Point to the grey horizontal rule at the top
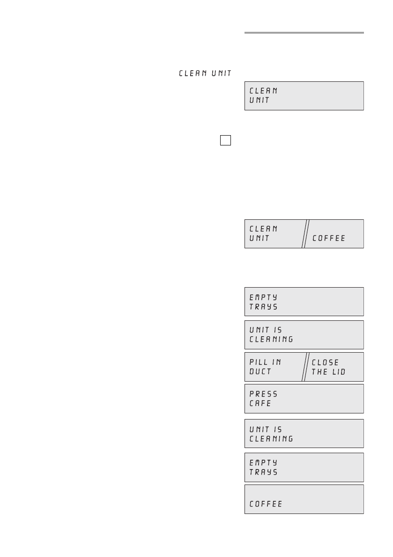(304, 33)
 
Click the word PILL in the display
(257, 362)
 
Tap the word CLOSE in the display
(325, 362)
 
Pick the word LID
(339, 372)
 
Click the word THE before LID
(319, 372)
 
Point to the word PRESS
(263, 394)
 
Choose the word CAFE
(260, 403)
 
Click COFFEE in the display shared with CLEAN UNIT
(329, 238)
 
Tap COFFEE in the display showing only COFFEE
(266, 504)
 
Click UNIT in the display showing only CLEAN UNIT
(260, 100)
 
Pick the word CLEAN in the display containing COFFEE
(263, 229)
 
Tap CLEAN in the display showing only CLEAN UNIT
(263, 91)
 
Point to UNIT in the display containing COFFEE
(260, 238)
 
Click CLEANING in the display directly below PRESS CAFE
(271, 439)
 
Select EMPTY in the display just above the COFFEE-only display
(263, 463)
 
